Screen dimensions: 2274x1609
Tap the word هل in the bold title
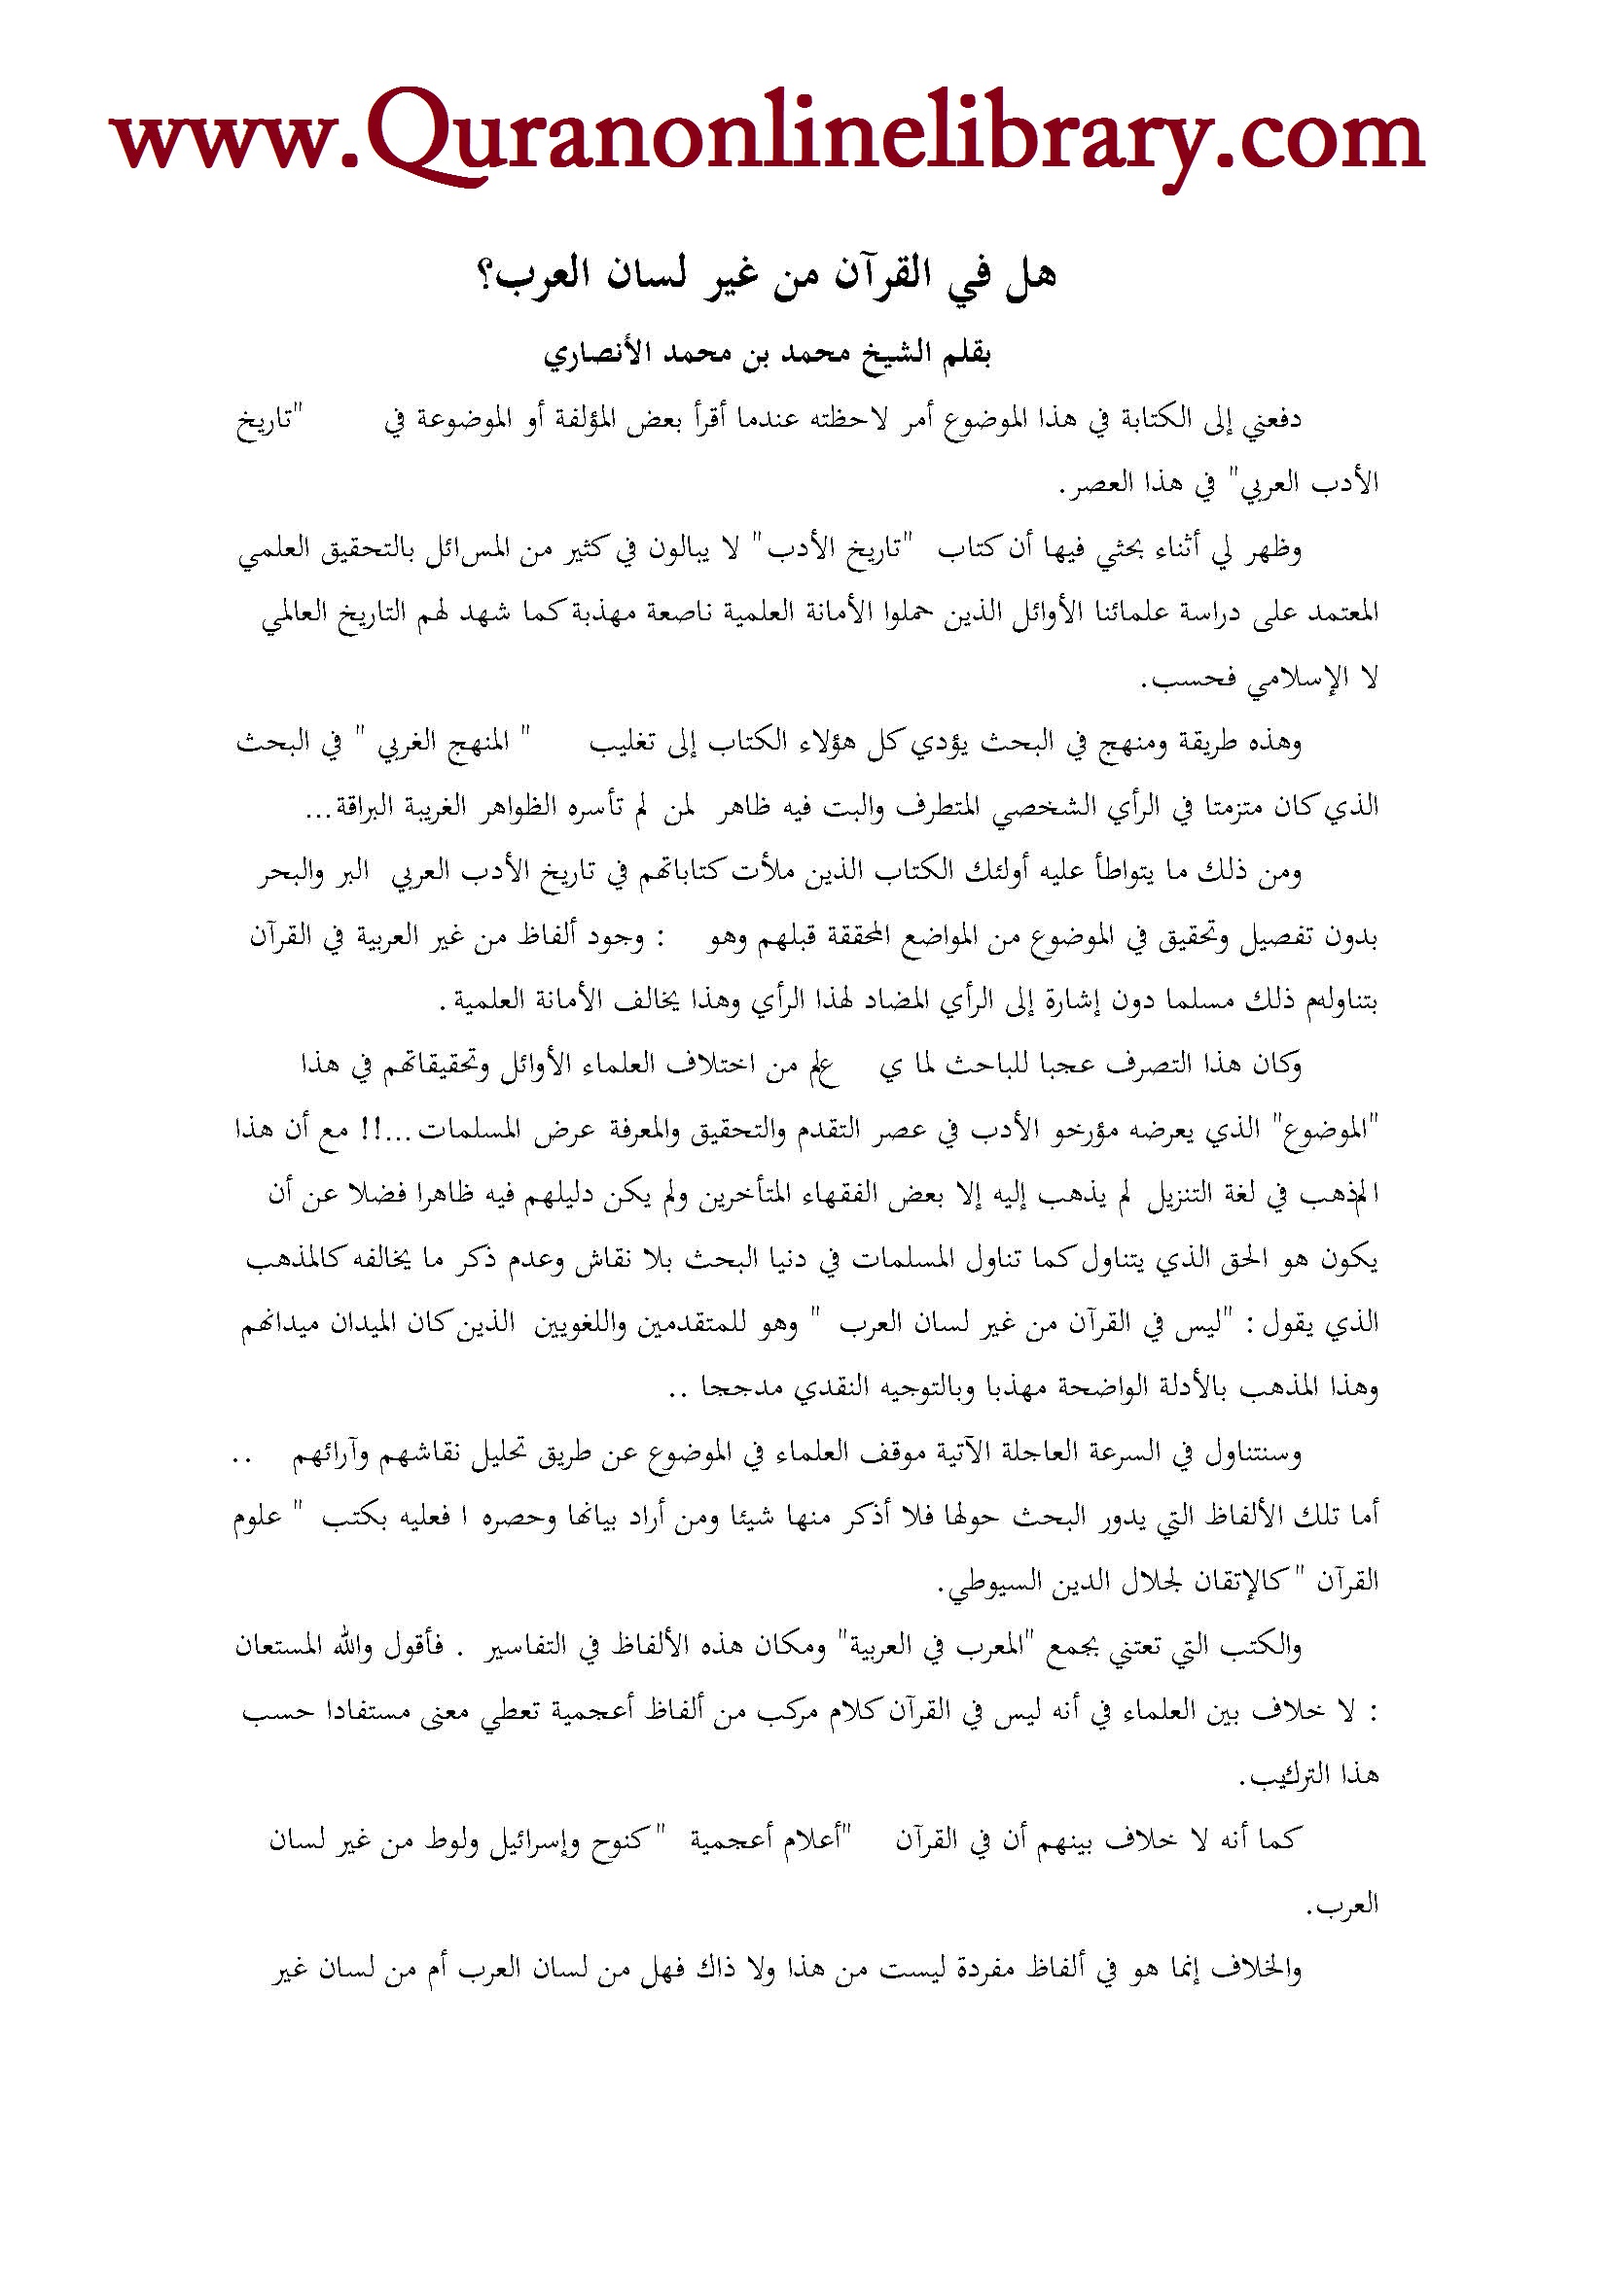[x=1030, y=274]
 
